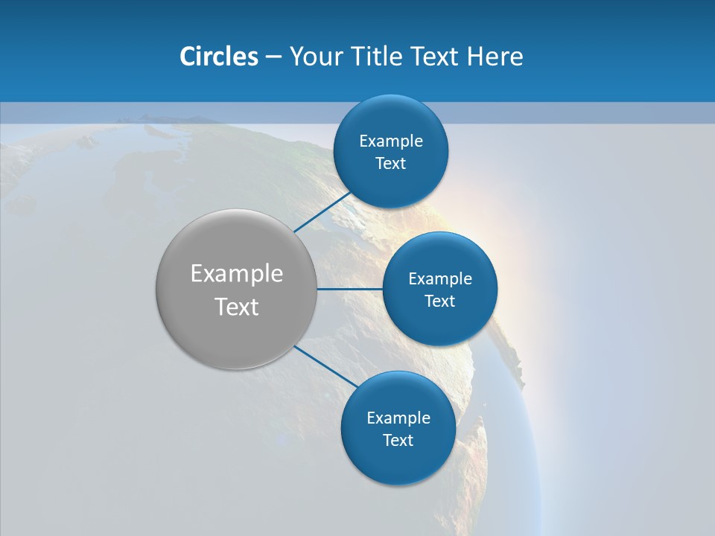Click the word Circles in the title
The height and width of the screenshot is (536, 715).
(218, 57)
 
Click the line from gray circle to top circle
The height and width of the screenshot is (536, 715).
(322, 211)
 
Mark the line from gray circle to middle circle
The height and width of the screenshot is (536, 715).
(349, 289)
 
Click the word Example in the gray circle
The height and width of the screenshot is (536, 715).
(237, 274)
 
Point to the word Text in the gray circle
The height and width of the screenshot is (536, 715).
(237, 307)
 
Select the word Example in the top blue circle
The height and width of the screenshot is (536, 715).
(391, 141)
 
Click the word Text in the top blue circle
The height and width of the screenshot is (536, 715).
(391, 164)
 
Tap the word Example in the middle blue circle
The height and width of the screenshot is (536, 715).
(440, 279)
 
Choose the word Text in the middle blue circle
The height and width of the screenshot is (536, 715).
(440, 301)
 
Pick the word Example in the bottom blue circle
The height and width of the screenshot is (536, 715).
(398, 418)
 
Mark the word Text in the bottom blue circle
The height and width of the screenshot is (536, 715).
(398, 441)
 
